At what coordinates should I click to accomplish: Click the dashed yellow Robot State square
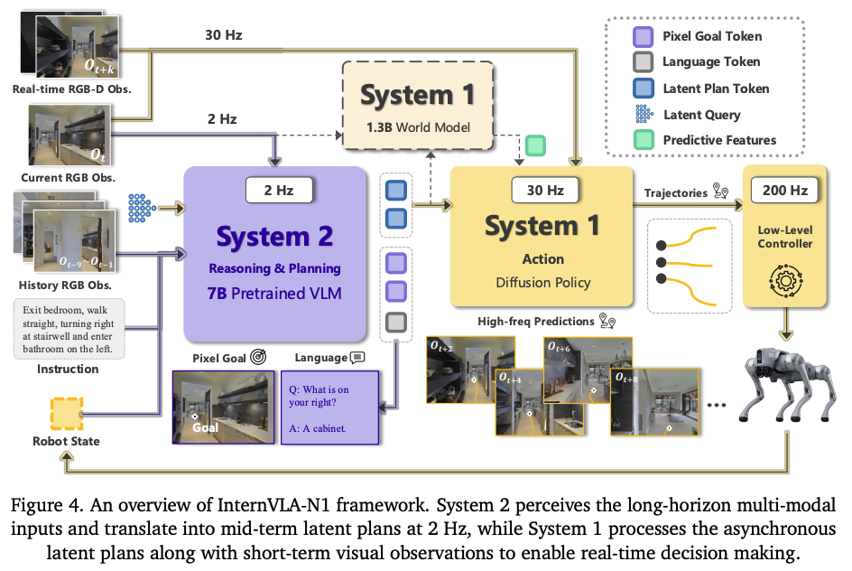tap(66, 413)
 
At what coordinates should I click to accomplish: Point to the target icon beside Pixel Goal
tap(258, 358)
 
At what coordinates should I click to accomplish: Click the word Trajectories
tap(674, 192)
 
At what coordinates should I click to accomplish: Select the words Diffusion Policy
tap(543, 282)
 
